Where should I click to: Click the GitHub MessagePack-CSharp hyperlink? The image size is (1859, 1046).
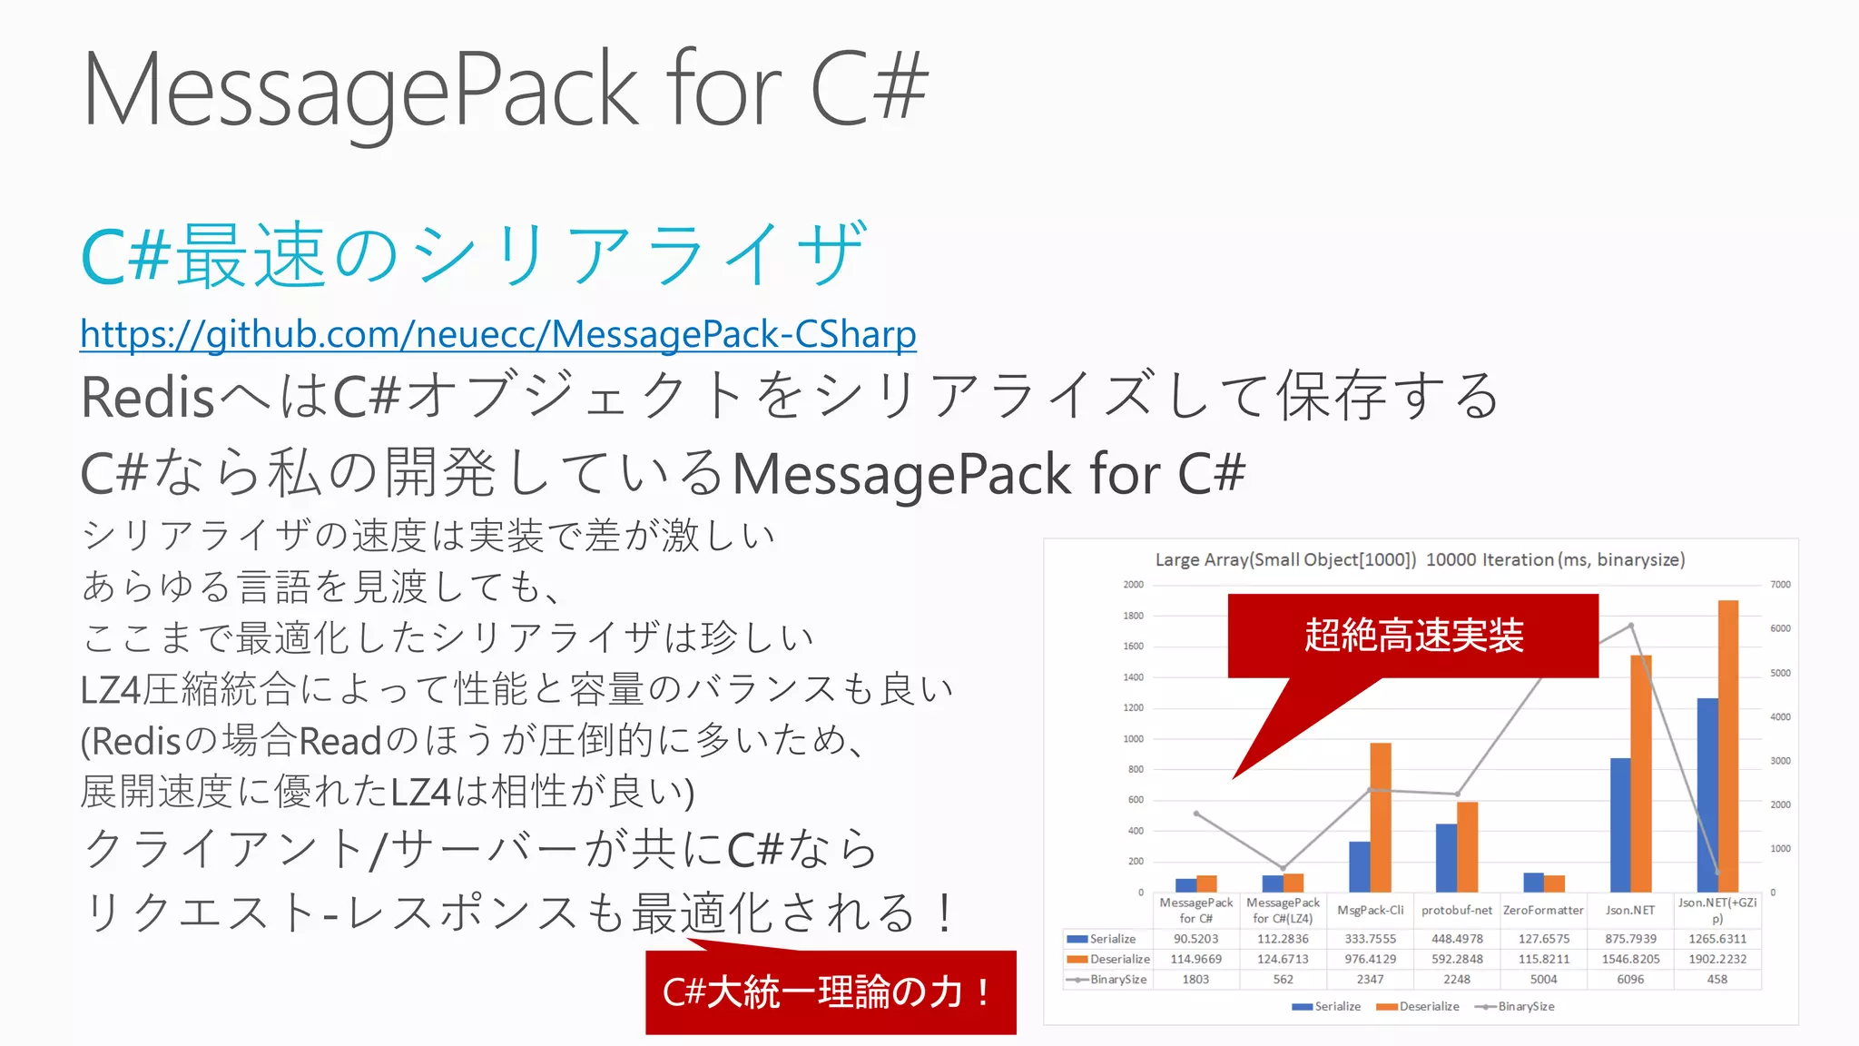point(497,334)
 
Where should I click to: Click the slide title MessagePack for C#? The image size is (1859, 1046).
point(505,89)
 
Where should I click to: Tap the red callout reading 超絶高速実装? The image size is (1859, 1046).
point(1412,636)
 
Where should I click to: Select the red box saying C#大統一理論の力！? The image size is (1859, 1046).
point(830,992)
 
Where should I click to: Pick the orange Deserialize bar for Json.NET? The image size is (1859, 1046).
point(1641,772)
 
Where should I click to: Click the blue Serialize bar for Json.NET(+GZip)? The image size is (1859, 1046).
point(1707,794)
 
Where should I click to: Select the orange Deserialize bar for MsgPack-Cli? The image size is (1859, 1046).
point(1381,817)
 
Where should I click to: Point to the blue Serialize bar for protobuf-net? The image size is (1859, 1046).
point(1446,857)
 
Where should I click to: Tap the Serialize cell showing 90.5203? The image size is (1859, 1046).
point(1195,939)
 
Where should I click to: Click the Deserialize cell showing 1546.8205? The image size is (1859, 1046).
point(1630,959)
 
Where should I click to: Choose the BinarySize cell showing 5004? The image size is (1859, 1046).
point(1543,979)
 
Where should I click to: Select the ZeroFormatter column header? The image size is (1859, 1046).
point(1543,910)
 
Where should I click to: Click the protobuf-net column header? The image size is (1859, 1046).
point(1456,910)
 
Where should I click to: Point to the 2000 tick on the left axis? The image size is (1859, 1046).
point(1134,585)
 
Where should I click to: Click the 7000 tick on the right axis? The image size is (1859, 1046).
point(1780,585)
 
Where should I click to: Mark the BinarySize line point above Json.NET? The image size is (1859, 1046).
point(1631,626)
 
